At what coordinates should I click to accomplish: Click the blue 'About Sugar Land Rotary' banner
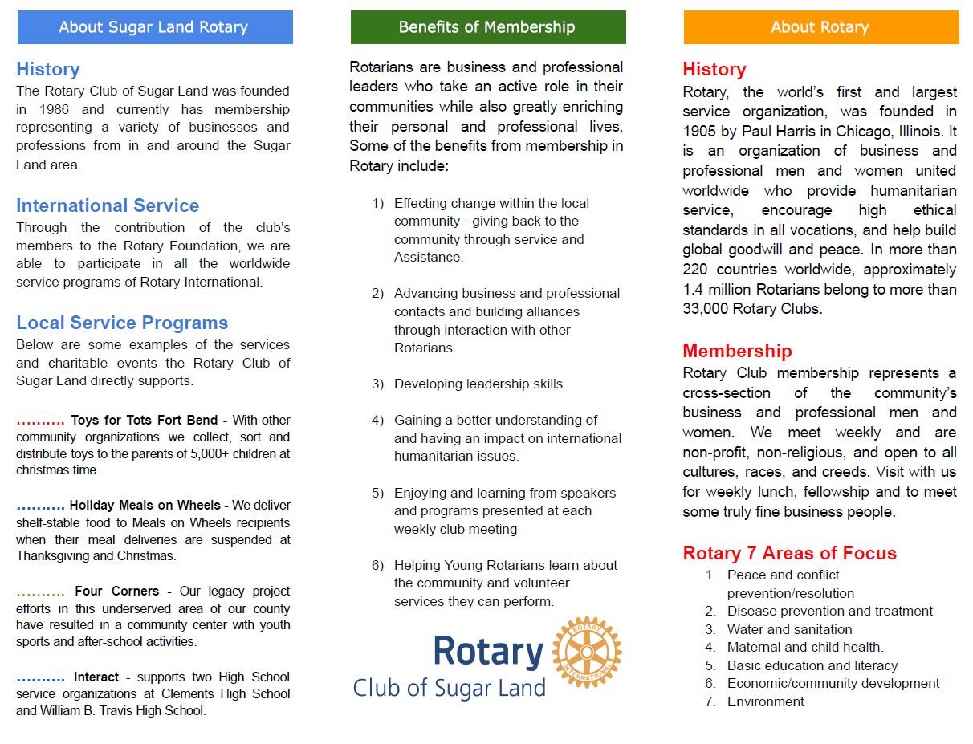154,27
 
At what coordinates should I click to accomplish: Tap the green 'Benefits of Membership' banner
487,27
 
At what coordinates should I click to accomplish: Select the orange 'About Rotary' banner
820,27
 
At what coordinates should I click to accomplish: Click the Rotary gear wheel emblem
588,652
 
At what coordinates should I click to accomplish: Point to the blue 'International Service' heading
108,205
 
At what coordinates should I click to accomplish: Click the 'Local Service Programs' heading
122,323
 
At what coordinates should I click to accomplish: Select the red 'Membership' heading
737,351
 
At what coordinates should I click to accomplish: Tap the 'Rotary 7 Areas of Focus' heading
789,553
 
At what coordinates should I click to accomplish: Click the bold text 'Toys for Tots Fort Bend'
144,420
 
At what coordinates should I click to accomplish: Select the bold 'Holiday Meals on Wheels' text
145,506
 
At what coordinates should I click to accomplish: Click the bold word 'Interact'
96,677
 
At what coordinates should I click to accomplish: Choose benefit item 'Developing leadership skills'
478,384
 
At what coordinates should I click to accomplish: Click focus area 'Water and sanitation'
789,629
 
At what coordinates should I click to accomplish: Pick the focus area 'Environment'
765,701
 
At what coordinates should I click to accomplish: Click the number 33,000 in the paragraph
710,308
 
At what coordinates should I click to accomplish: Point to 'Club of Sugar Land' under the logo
449,688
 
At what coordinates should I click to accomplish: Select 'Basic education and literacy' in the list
812,665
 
